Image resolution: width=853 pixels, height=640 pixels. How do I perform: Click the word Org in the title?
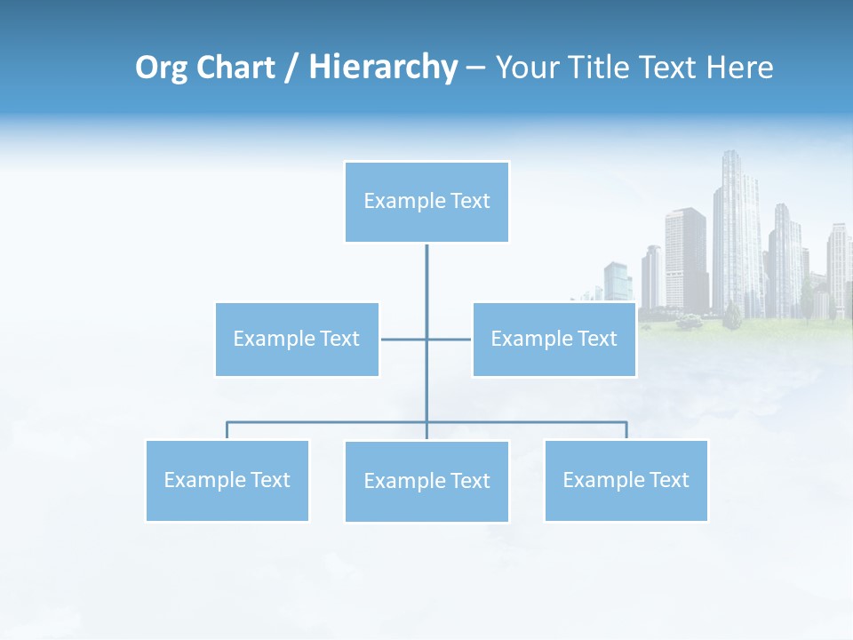click(162, 68)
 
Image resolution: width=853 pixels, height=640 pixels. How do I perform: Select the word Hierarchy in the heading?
click(382, 68)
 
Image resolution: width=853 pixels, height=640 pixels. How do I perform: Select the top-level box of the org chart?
click(426, 202)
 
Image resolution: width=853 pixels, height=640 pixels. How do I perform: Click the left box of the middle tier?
click(297, 339)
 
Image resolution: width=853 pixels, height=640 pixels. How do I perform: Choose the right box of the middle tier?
click(554, 339)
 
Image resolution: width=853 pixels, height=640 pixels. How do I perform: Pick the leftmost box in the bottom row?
click(227, 480)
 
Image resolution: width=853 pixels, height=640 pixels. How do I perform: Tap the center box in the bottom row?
click(426, 481)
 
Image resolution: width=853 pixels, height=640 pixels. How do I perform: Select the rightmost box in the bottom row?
click(626, 480)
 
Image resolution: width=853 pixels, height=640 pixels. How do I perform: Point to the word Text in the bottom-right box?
click(668, 480)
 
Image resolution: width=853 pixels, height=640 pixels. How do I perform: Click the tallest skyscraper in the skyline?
click(736, 231)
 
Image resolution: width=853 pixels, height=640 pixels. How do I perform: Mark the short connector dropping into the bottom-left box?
click(227, 430)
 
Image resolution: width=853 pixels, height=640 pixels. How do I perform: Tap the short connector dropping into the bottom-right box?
click(626, 430)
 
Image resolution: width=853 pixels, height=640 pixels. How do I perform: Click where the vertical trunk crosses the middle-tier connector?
click(426, 339)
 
